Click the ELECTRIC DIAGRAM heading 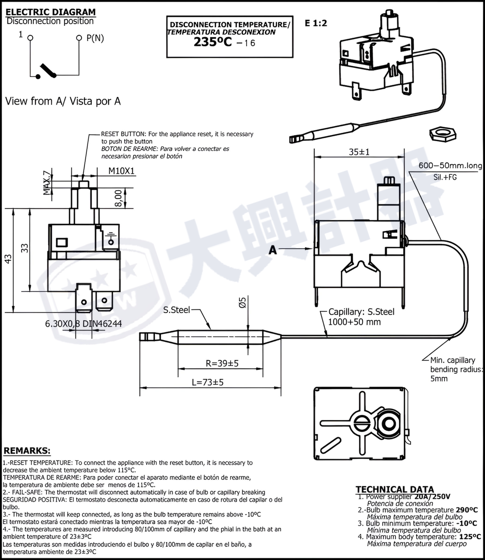click(x=51, y=12)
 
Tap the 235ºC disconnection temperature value click(x=213, y=42)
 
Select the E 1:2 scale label click(x=316, y=23)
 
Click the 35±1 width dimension click(x=359, y=152)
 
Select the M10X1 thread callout click(x=121, y=171)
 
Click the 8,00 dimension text click(x=118, y=198)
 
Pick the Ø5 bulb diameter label click(x=242, y=302)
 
